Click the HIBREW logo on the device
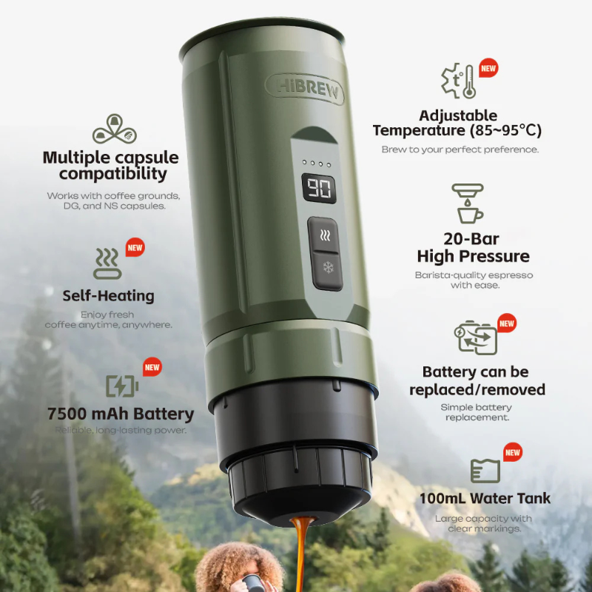(x=305, y=89)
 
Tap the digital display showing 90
(x=319, y=189)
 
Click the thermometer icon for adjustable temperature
(x=459, y=82)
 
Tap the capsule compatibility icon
(x=115, y=129)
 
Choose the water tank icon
(x=485, y=471)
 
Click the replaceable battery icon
(x=475, y=337)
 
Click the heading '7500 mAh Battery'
(x=120, y=414)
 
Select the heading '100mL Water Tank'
(x=485, y=498)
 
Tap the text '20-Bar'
(x=471, y=239)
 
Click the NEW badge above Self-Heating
(x=135, y=247)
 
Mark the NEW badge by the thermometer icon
(x=488, y=69)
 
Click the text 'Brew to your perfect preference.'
(x=460, y=149)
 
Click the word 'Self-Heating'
(x=108, y=296)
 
